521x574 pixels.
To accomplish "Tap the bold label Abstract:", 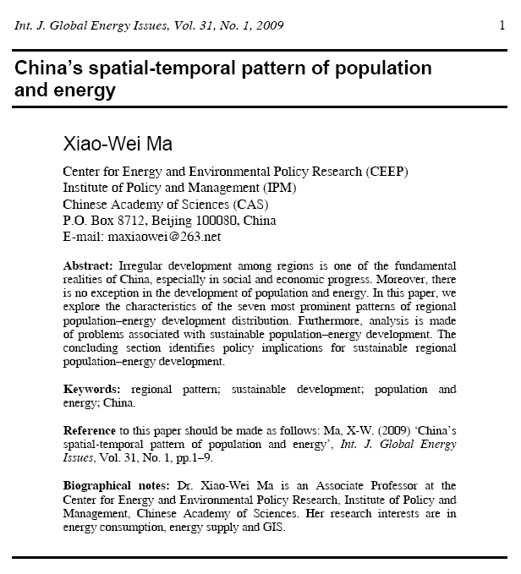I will [90, 265].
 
